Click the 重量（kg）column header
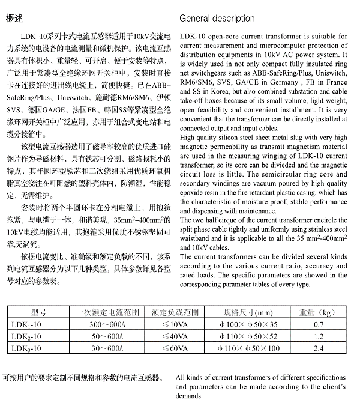(x=320, y=312)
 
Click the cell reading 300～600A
(x=108, y=324)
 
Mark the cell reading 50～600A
(x=108, y=336)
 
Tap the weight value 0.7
(x=319, y=324)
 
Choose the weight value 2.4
(x=319, y=348)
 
